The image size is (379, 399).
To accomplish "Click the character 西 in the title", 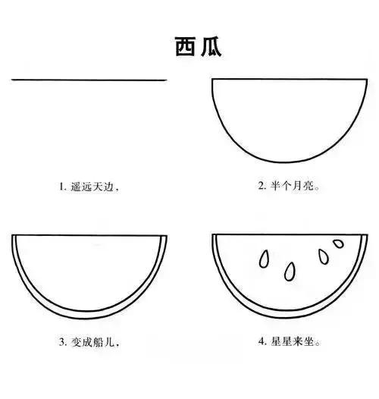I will click(x=180, y=47).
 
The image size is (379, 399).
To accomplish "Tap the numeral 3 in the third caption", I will click(x=62, y=342).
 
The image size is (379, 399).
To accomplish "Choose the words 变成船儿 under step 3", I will click(x=94, y=342).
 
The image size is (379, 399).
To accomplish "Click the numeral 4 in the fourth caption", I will click(x=260, y=342).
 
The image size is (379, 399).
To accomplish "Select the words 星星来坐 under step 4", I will click(x=293, y=342).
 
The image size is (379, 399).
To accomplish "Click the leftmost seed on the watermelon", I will click(x=265, y=259).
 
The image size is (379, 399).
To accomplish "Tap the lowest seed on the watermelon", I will click(x=290, y=271).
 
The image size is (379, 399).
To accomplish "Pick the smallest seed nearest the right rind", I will click(x=337, y=245).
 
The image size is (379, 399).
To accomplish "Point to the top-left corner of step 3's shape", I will click(x=14, y=236).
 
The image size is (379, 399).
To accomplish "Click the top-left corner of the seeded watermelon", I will click(x=214, y=235).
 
